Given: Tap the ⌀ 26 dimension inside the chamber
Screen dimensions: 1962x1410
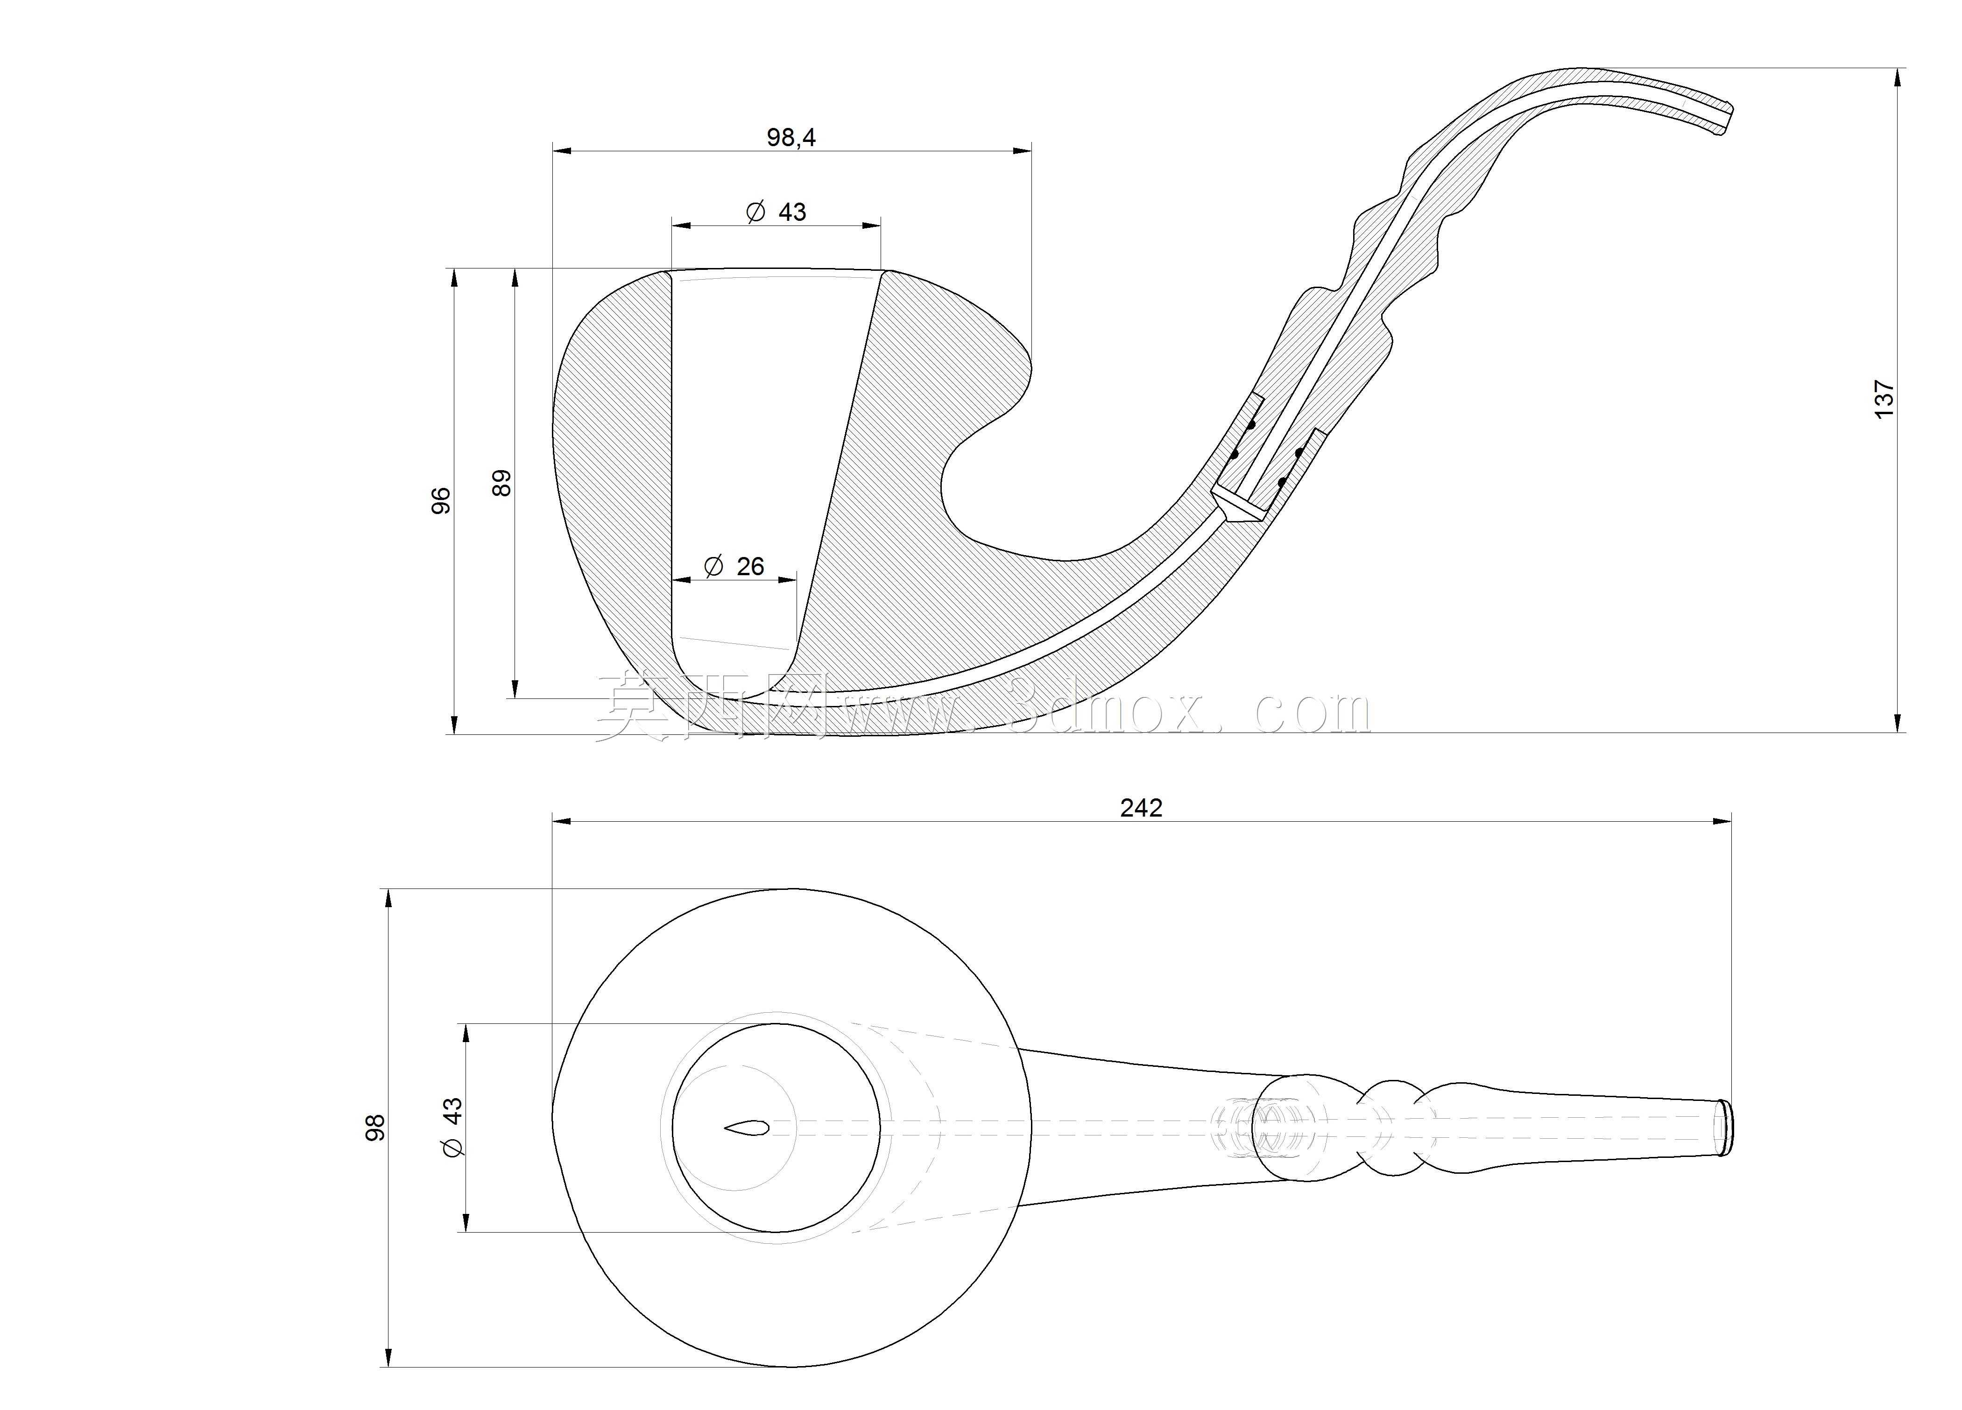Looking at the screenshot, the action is tap(734, 567).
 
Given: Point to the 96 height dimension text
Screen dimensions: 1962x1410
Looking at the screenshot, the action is tap(441, 501).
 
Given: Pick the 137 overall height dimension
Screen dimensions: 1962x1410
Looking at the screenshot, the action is tap(1884, 400).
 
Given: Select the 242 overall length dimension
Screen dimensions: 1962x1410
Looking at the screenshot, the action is tap(1141, 807).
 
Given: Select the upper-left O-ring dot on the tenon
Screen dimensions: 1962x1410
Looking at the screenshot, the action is tap(1251, 425).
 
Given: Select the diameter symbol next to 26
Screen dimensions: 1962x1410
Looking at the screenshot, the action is tap(714, 567).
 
